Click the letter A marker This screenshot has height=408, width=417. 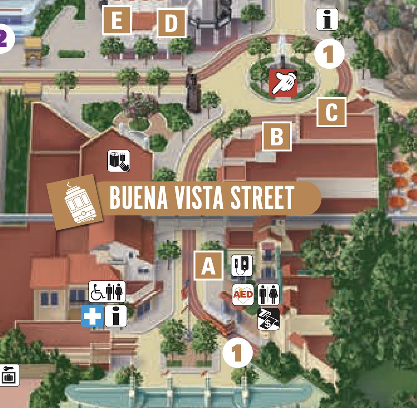[x=208, y=266]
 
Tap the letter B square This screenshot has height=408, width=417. [x=277, y=137]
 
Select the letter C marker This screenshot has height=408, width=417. [x=332, y=112]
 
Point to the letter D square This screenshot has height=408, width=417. [x=171, y=23]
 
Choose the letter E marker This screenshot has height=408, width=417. [x=117, y=20]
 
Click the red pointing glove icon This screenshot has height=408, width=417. [x=283, y=83]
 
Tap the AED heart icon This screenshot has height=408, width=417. [x=243, y=295]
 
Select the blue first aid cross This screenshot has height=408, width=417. [x=92, y=316]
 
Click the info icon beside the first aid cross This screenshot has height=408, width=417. [x=116, y=316]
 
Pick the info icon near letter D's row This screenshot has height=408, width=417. [x=327, y=19]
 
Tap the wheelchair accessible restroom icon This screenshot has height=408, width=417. [x=107, y=292]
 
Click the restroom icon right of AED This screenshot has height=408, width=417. [x=268, y=295]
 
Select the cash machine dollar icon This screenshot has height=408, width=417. [x=268, y=319]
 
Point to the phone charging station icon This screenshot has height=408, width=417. [x=242, y=265]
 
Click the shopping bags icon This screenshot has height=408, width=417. [x=119, y=161]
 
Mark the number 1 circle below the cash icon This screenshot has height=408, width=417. [x=237, y=353]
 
